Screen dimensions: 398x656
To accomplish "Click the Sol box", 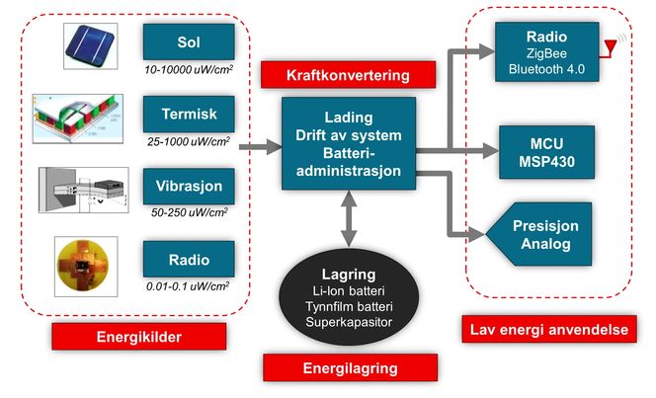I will click(x=189, y=42).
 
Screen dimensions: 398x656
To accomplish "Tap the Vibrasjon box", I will click(x=189, y=185).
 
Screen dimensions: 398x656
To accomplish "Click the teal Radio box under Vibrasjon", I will click(x=189, y=260).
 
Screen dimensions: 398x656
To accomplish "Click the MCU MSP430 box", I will click(x=545, y=152).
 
